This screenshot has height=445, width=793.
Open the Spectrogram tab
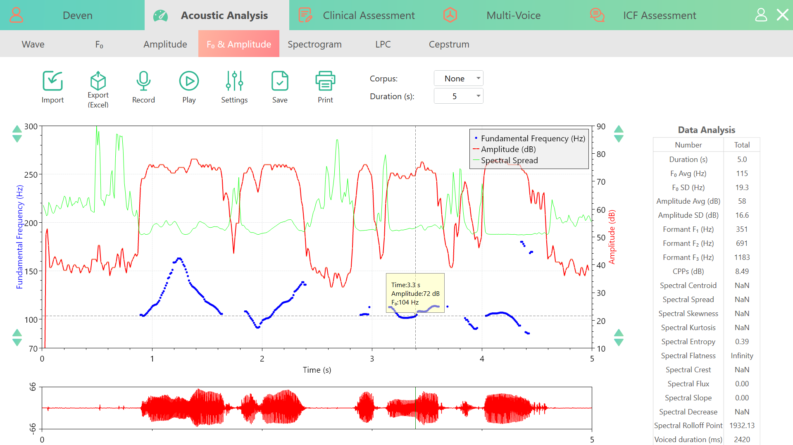tap(314, 44)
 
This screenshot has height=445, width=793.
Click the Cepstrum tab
tap(449, 44)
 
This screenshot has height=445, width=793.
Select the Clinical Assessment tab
tap(369, 15)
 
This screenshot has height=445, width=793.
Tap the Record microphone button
tap(143, 81)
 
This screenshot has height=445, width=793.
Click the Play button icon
tap(189, 81)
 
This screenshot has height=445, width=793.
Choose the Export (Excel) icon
tap(98, 81)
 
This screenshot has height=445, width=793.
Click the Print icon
tap(325, 81)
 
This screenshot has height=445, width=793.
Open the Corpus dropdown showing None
tap(458, 79)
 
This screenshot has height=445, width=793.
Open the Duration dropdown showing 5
tap(458, 96)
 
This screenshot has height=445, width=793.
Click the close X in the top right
tap(782, 15)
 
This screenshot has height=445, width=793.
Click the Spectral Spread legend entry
tap(509, 160)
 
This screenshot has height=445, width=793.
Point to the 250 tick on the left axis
tap(31, 175)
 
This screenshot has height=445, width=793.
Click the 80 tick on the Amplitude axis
tap(601, 154)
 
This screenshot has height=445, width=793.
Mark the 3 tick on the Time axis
tap(372, 359)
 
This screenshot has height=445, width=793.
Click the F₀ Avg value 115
tap(742, 174)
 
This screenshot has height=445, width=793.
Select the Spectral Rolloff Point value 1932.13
tap(742, 426)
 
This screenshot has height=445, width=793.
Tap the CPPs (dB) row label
tap(688, 271)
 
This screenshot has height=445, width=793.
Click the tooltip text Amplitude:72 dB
tap(415, 293)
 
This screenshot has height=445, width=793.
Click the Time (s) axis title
tap(317, 370)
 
